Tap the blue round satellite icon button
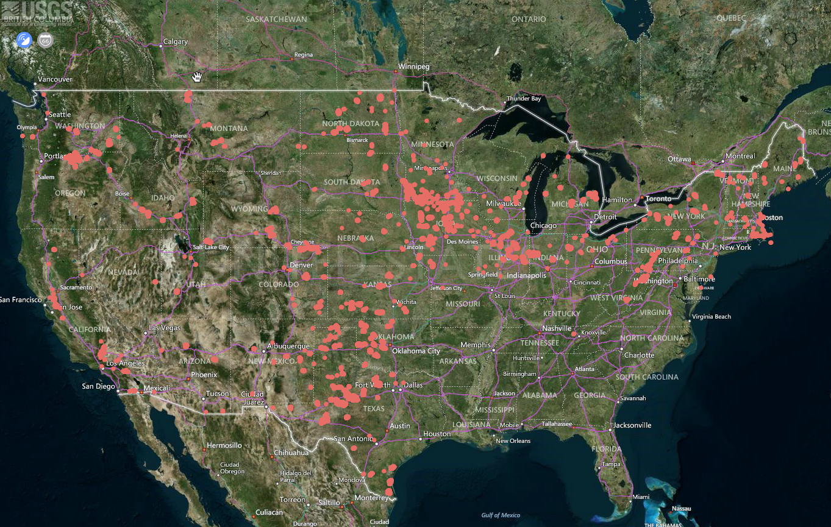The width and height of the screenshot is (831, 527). pyautogui.click(x=24, y=40)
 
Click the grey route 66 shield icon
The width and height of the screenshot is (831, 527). pyautogui.click(x=45, y=40)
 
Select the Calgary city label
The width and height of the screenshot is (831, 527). pyautogui.click(x=176, y=42)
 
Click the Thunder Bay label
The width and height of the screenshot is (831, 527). pyautogui.click(x=524, y=99)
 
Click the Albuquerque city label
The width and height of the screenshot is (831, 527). pyautogui.click(x=288, y=346)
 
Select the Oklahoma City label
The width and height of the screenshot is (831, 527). pyautogui.click(x=416, y=350)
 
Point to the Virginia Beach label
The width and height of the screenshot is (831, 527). pyautogui.click(x=711, y=317)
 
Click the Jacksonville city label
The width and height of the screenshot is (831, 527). pyautogui.click(x=632, y=425)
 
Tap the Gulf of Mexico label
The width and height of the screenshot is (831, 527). pyautogui.click(x=500, y=515)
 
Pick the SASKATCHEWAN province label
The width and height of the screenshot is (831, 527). pyautogui.click(x=276, y=19)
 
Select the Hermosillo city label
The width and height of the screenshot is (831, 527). pyautogui.click(x=224, y=445)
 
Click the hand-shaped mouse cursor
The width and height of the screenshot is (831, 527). pyautogui.click(x=197, y=76)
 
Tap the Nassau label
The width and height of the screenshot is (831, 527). pyautogui.click(x=681, y=508)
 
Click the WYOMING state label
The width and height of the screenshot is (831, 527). pyautogui.click(x=249, y=209)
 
